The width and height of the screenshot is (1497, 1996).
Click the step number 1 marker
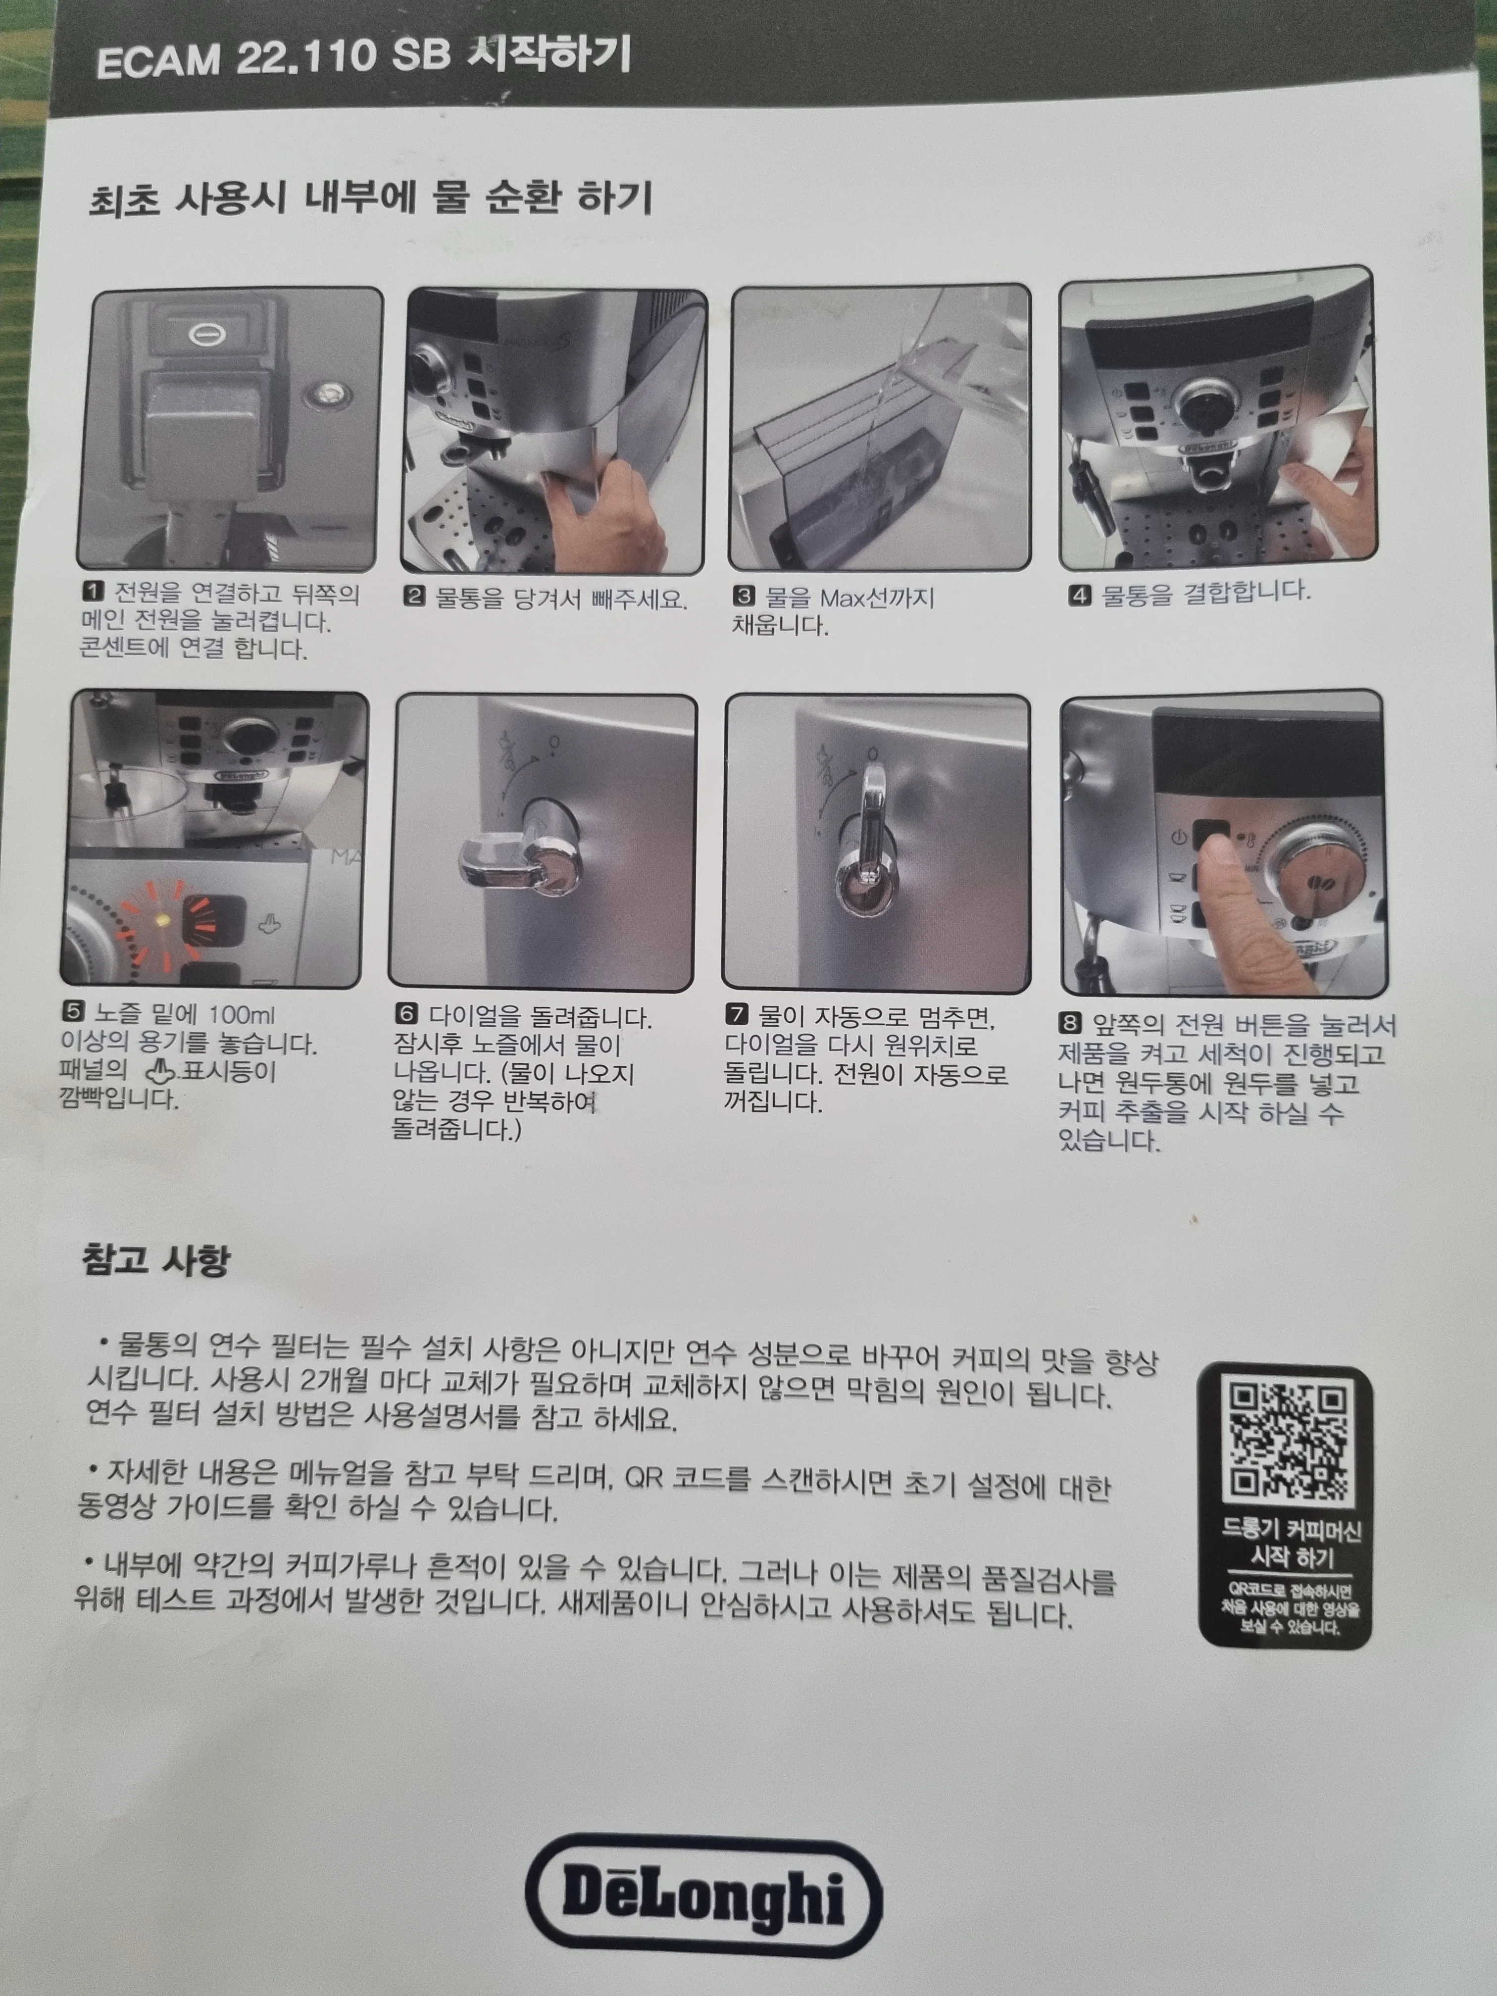(x=93, y=592)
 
